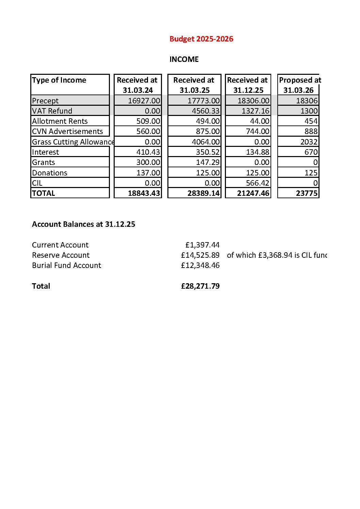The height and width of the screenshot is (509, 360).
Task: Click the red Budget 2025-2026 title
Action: pos(201,39)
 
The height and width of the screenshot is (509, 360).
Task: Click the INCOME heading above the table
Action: pos(184,59)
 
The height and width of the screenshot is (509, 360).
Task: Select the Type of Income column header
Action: pos(59,80)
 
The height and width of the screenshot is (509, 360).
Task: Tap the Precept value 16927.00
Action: pos(144,101)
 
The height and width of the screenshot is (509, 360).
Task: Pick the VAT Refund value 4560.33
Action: pos(203,111)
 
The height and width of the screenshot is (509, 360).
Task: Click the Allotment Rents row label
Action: pos(60,121)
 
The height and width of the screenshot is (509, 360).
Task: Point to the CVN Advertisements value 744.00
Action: pos(257,131)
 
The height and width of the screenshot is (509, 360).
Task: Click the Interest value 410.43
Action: pos(148,152)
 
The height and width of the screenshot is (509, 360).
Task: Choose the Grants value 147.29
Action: pos(208,162)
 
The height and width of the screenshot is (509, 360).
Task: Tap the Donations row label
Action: pos(50,173)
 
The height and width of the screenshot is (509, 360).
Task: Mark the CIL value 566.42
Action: pos(257,183)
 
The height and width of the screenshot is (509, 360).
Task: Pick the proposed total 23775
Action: pos(307,193)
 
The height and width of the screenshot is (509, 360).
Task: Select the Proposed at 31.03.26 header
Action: pos(299,85)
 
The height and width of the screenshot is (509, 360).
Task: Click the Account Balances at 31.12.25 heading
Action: pos(83,224)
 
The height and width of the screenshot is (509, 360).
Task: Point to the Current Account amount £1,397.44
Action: pos(202,245)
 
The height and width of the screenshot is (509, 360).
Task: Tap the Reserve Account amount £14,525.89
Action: pos(200,255)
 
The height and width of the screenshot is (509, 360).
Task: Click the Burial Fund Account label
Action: pos(66,265)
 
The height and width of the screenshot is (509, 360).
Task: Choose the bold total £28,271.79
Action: pos(200,286)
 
